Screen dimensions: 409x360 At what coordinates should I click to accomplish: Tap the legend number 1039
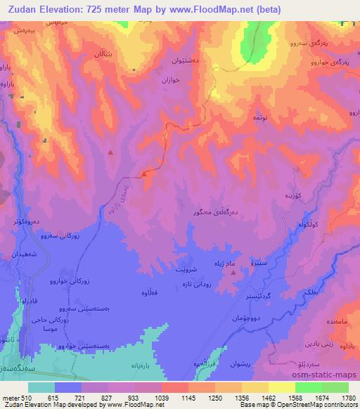pos(160,398)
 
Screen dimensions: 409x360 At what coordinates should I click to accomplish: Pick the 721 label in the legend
pos(84,398)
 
